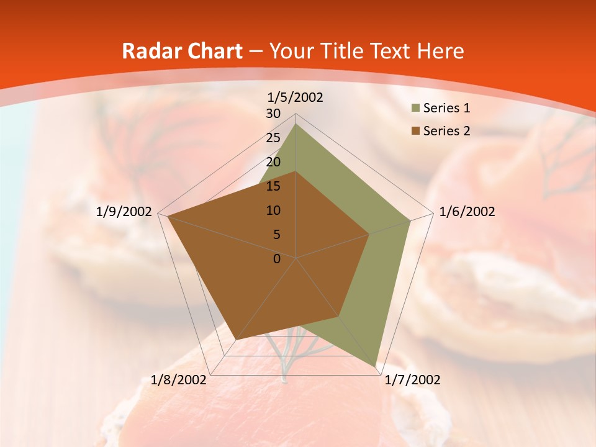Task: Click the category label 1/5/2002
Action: [296, 97]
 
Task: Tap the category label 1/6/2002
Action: [467, 212]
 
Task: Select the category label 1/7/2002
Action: [412, 380]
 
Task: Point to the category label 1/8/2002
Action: [179, 380]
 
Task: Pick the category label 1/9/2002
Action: [124, 212]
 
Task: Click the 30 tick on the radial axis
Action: [273, 114]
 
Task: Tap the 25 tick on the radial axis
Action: [273, 138]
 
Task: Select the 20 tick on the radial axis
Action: [273, 162]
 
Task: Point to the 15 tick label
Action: [273, 186]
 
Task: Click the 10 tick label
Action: [273, 210]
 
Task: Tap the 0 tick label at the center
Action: [277, 259]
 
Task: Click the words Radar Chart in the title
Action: [182, 52]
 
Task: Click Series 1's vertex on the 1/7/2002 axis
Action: [376, 366]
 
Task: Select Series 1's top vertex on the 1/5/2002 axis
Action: [296, 124]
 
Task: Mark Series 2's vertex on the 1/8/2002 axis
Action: [237, 340]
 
